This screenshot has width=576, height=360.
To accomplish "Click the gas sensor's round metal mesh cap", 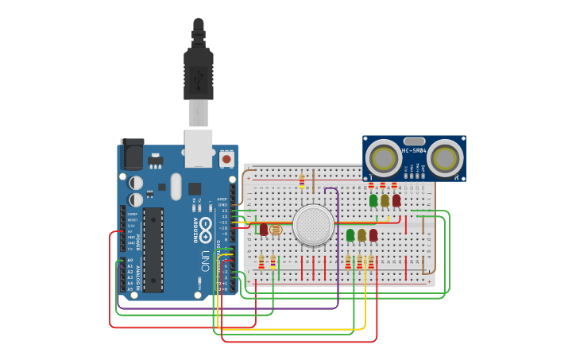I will [x=313, y=225].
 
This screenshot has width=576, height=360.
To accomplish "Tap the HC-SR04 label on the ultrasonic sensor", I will [x=414, y=150].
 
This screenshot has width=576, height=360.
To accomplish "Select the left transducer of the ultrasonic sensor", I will [x=384, y=158].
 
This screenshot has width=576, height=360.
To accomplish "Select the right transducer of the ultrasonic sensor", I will [x=444, y=158].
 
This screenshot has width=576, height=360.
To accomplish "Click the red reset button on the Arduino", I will [x=226, y=159].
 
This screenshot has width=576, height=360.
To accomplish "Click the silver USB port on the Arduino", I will [x=198, y=148].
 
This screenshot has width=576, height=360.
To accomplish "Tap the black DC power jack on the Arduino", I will [x=132, y=154].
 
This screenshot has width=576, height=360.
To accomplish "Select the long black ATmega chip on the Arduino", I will [x=153, y=249].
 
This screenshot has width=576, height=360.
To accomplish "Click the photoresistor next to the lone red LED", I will [x=276, y=230].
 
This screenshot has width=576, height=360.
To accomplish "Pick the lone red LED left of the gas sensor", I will [x=264, y=229].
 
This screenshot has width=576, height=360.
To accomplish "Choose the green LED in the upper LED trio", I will [x=373, y=200].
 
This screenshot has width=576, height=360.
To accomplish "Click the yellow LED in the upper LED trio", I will [x=385, y=200].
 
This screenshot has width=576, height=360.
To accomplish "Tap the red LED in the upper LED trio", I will [x=396, y=200].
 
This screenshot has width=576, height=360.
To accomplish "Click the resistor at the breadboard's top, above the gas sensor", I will [x=302, y=181].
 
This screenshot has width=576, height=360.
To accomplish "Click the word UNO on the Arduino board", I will [x=203, y=261].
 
